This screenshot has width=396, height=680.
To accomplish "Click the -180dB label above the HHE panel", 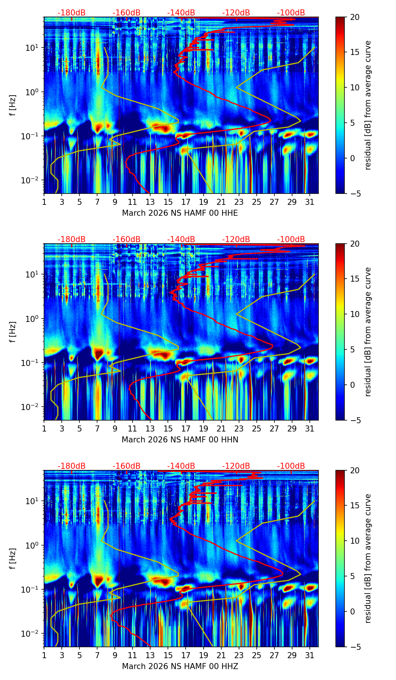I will click(x=72, y=13).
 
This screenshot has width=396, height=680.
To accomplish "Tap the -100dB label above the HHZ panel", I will click(x=291, y=466).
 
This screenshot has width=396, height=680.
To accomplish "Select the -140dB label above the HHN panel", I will click(x=181, y=239).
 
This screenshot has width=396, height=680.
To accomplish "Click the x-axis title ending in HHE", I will click(x=180, y=213).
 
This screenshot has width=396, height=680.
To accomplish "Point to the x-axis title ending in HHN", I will click(x=180, y=440).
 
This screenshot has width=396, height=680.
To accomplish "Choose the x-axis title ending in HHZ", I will click(x=180, y=666).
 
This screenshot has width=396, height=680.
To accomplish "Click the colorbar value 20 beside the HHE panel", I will click(x=354, y=17).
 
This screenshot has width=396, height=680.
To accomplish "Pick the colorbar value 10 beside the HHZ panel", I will click(x=354, y=541).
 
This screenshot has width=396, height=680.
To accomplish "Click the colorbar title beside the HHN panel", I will click(x=368, y=332).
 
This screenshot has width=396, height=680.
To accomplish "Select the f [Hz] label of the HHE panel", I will click(x=13, y=105).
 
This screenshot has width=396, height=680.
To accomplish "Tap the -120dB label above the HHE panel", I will click(x=236, y=13).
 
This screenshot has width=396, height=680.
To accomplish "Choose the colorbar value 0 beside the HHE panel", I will click(x=352, y=158).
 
